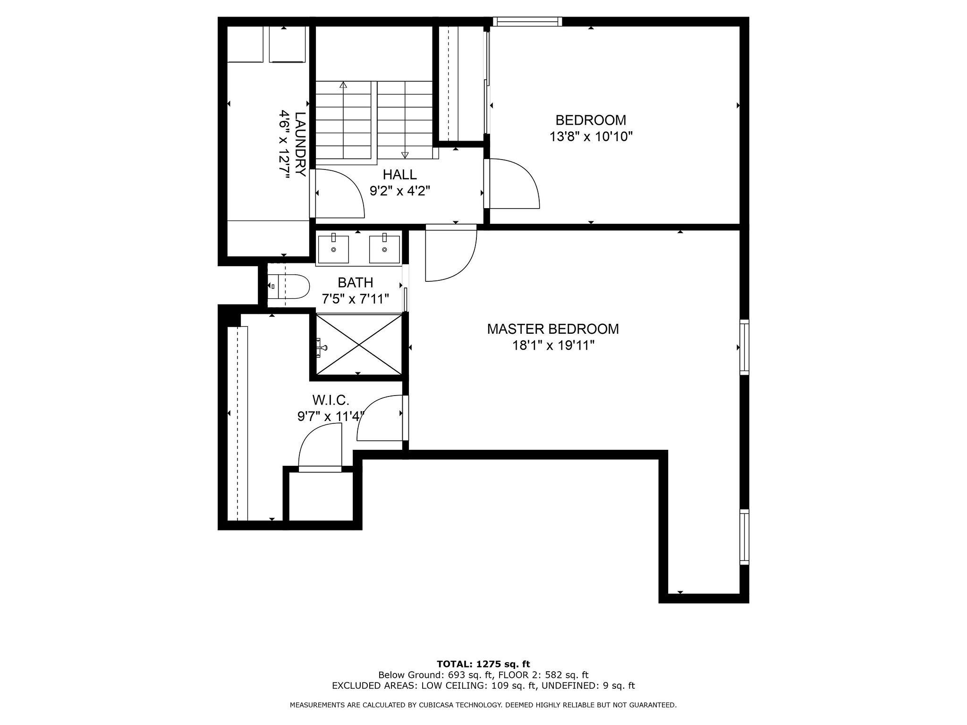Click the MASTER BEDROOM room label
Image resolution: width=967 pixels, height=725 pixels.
pyautogui.click(x=553, y=329)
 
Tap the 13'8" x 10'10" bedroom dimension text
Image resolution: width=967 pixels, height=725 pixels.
pyautogui.click(x=591, y=137)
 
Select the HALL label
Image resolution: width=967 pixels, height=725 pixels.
pyautogui.click(x=399, y=175)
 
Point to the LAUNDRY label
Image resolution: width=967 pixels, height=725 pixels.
pyautogui.click(x=300, y=144)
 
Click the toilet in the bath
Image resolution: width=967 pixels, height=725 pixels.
pyautogui.click(x=288, y=286)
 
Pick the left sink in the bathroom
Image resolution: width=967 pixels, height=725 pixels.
pyautogui.click(x=333, y=248)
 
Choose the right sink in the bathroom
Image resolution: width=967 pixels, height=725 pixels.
pyautogui.click(x=384, y=248)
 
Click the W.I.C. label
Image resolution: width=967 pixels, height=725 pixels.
pyautogui.click(x=331, y=401)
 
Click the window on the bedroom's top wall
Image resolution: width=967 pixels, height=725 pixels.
pyautogui.click(x=528, y=21)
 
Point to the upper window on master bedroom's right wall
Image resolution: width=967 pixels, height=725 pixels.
pyautogui.click(x=744, y=347)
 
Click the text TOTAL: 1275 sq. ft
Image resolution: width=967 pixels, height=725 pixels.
pyautogui.click(x=483, y=665)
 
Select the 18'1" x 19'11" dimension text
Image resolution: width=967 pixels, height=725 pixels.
pyautogui.click(x=553, y=346)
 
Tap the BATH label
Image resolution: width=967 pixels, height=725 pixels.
pyautogui.click(x=356, y=283)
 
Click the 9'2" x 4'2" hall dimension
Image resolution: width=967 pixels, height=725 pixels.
pyautogui.click(x=400, y=191)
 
